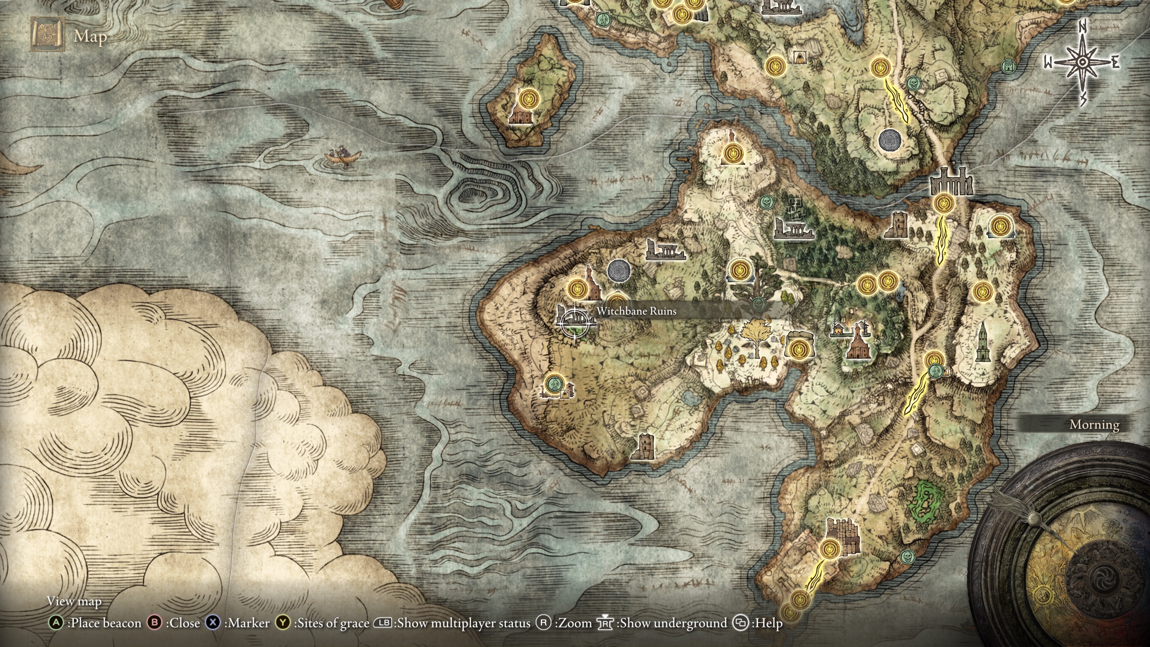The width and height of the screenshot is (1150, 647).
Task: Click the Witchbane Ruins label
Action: point(636,311)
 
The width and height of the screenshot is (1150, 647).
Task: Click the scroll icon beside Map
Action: point(47,34)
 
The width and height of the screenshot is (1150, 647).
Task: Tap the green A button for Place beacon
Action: point(56,623)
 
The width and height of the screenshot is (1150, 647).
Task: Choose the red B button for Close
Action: point(155,623)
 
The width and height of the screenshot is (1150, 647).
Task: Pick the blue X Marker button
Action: point(213,623)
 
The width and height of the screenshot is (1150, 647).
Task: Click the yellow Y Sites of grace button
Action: point(283,623)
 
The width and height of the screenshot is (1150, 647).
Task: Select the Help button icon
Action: point(740,623)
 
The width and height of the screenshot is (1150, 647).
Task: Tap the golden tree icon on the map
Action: point(756,338)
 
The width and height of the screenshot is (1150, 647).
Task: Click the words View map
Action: point(74,601)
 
